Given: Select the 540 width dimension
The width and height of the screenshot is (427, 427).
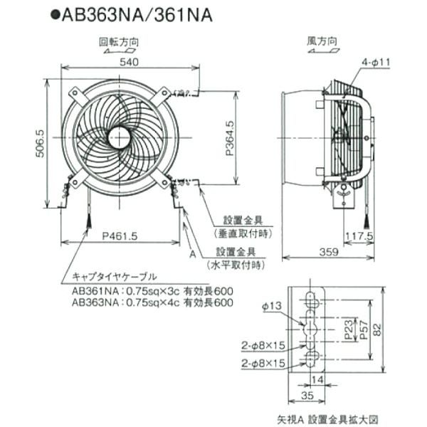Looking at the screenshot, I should coord(128,63).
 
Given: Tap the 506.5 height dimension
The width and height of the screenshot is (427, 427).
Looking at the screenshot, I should coord(41,143).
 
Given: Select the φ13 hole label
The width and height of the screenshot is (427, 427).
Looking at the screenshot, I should coord(272,307).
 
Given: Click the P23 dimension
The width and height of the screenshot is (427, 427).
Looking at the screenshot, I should coord(346,330).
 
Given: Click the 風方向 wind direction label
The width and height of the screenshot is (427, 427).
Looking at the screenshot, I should coord(322,42).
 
